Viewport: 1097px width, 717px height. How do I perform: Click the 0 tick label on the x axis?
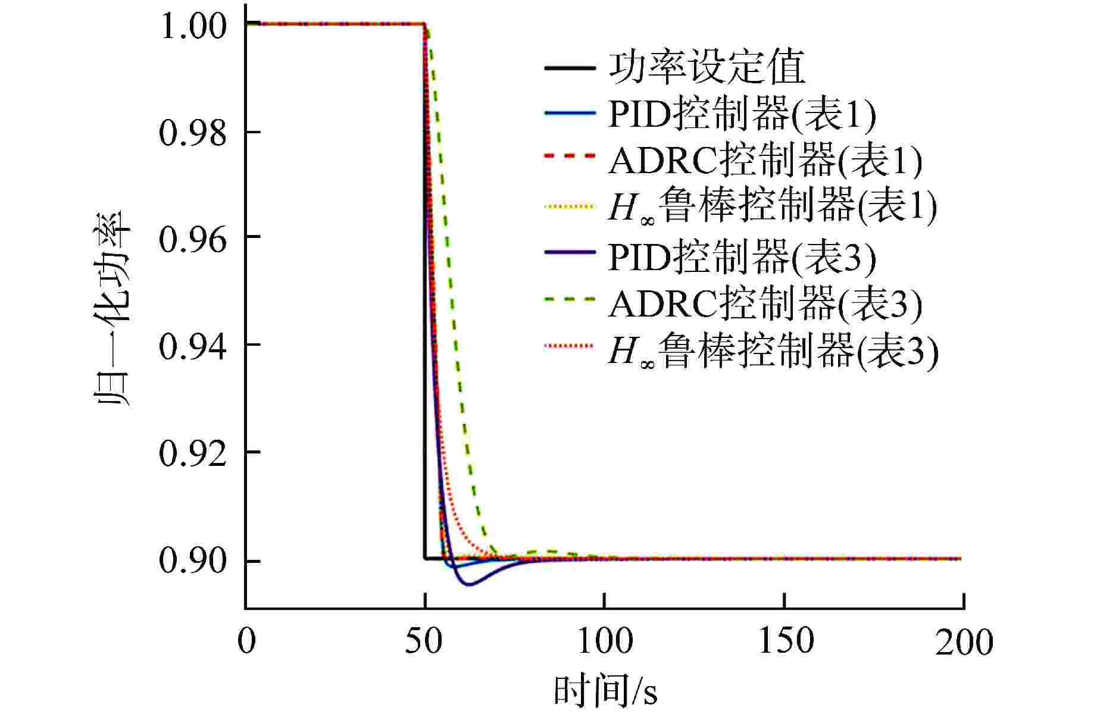pyautogui.click(x=246, y=641)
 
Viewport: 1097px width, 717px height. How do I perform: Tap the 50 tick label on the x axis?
pyautogui.click(x=425, y=641)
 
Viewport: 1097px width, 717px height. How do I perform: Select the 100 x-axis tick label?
pyautogui.click(x=605, y=641)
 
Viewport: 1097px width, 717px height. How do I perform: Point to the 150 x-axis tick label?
pyautogui.click(x=786, y=641)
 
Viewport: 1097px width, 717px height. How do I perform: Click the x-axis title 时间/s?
pyautogui.click(x=605, y=690)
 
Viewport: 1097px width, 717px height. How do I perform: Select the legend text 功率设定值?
pyautogui.click(x=707, y=67)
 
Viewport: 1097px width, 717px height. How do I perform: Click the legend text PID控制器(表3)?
pyautogui.click(x=742, y=257)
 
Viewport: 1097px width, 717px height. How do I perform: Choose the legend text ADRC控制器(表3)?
pyautogui.click(x=765, y=303)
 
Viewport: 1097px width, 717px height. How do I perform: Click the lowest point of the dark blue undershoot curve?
pyautogui.click(x=470, y=585)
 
